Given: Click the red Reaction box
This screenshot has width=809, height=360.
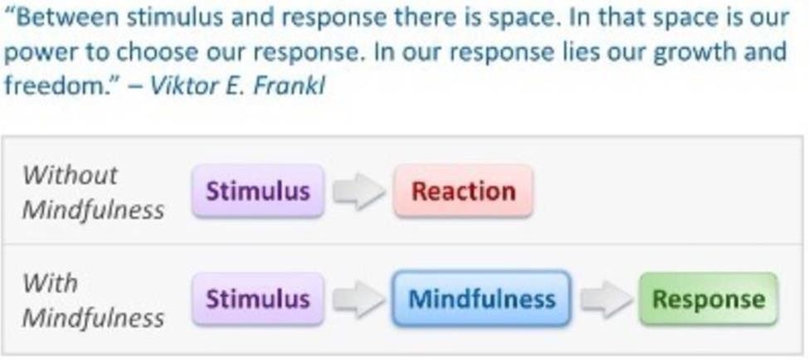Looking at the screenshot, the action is [x=463, y=191].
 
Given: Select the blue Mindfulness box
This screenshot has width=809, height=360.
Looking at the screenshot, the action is [x=481, y=299].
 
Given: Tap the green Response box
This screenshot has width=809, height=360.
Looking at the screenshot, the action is [x=709, y=299].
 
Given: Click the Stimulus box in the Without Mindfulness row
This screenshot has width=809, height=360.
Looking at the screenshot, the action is [x=258, y=191].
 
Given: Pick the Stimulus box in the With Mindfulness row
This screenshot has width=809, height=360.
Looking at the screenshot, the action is [x=258, y=299].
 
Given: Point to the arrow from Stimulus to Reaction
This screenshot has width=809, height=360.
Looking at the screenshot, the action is [x=358, y=192].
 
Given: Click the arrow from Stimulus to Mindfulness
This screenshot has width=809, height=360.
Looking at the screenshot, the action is [x=358, y=299].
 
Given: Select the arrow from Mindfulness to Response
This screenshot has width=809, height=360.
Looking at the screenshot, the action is [x=607, y=299].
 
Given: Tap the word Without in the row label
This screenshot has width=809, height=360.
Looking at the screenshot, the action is [x=71, y=175].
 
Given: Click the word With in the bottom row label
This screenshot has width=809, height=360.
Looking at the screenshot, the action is [x=50, y=283].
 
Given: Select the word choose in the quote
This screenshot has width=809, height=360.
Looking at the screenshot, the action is [x=157, y=52].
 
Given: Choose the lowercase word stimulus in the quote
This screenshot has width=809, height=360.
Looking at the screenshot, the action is [x=174, y=18].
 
